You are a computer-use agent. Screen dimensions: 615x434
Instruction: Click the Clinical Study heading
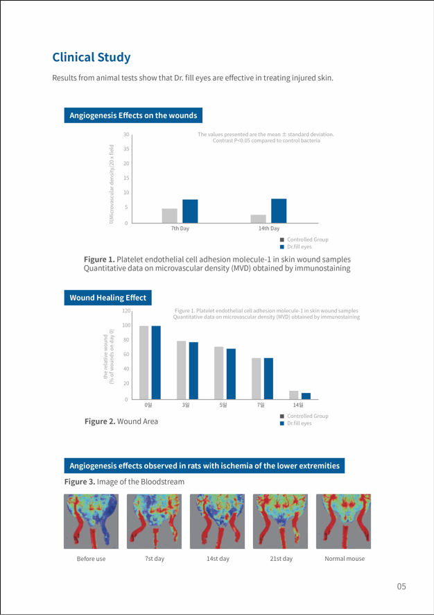coord(92,57)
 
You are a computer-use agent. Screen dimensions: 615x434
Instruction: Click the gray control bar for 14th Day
coord(258,219)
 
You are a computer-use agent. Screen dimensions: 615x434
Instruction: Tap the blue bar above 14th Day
coord(279,210)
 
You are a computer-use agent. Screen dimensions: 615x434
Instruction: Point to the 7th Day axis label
coord(180,228)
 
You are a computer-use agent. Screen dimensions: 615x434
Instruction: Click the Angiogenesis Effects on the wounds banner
coord(133,115)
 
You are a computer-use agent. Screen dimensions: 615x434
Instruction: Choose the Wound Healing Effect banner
coord(107,298)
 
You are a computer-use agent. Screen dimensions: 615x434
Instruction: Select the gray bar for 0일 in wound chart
coord(144,362)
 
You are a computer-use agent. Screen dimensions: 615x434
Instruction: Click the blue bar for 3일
coord(193,371)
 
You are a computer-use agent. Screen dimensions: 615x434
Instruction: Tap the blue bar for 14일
coord(306,396)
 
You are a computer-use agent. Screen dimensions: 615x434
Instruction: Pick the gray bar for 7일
coord(256,378)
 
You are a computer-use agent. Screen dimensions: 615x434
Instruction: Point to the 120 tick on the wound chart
coord(125,312)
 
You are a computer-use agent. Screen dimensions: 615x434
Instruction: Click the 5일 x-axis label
coord(223,405)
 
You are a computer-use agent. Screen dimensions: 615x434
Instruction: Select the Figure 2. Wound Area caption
coord(121,421)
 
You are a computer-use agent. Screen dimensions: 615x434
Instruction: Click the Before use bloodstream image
coord(91,521)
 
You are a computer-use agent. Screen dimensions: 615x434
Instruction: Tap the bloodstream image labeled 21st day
coord(281,521)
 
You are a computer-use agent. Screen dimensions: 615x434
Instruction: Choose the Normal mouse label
coord(345,559)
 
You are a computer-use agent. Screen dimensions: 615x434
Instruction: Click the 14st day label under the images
coord(218,559)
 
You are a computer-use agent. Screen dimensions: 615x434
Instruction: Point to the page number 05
coord(401,587)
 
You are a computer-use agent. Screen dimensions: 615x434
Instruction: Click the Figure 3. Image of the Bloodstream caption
coord(124,482)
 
